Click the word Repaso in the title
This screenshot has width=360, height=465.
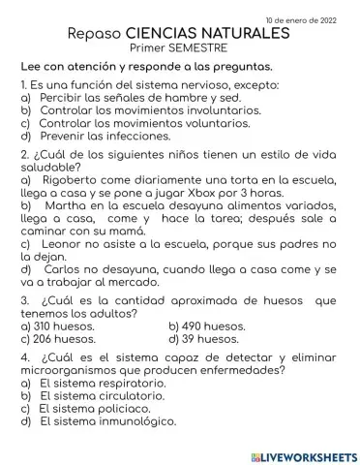click(95, 34)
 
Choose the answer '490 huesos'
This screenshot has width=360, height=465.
click(206, 326)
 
